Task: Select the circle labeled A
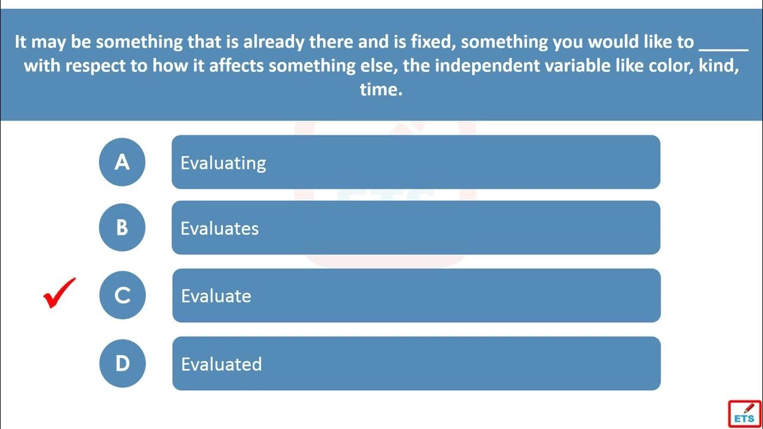122,162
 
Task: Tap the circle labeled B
122,228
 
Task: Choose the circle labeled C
122,295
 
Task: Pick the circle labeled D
122,363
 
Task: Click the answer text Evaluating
223,163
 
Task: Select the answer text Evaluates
219,228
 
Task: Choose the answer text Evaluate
216,296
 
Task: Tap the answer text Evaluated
221,364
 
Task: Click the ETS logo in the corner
745,414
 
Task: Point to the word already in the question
274,42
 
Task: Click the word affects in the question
237,66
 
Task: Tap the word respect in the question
95,66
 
